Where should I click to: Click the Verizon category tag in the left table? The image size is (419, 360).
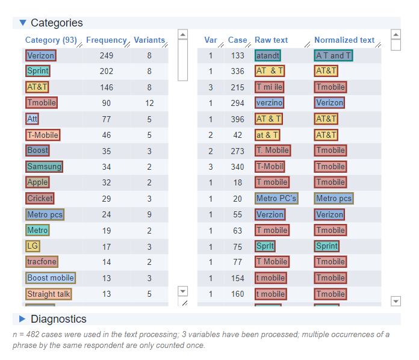point(40,55)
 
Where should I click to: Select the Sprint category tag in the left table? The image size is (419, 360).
point(37,71)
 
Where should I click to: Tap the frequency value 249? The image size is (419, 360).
point(107,55)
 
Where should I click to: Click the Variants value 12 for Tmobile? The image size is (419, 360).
point(149,103)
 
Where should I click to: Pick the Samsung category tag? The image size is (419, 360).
point(44,166)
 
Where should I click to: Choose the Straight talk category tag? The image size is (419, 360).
point(48,294)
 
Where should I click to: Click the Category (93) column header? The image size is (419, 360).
point(51,40)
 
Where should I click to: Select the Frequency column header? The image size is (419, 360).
point(106,40)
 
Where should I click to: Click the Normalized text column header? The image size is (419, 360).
point(344,40)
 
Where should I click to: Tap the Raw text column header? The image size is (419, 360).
point(271,40)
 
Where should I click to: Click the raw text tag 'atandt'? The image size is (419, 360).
point(267,55)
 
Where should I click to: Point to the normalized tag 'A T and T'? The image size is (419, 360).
point(334,55)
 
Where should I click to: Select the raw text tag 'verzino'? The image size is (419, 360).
point(269,103)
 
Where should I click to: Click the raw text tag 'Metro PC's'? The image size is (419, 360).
point(276,198)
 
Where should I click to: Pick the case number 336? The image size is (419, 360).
point(238,71)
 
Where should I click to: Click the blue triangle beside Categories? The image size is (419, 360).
point(23,23)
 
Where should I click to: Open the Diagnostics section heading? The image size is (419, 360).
point(58,319)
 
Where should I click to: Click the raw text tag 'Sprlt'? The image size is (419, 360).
point(265,246)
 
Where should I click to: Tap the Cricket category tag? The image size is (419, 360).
point(40,198)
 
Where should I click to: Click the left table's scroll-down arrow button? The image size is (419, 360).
point(183,291)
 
